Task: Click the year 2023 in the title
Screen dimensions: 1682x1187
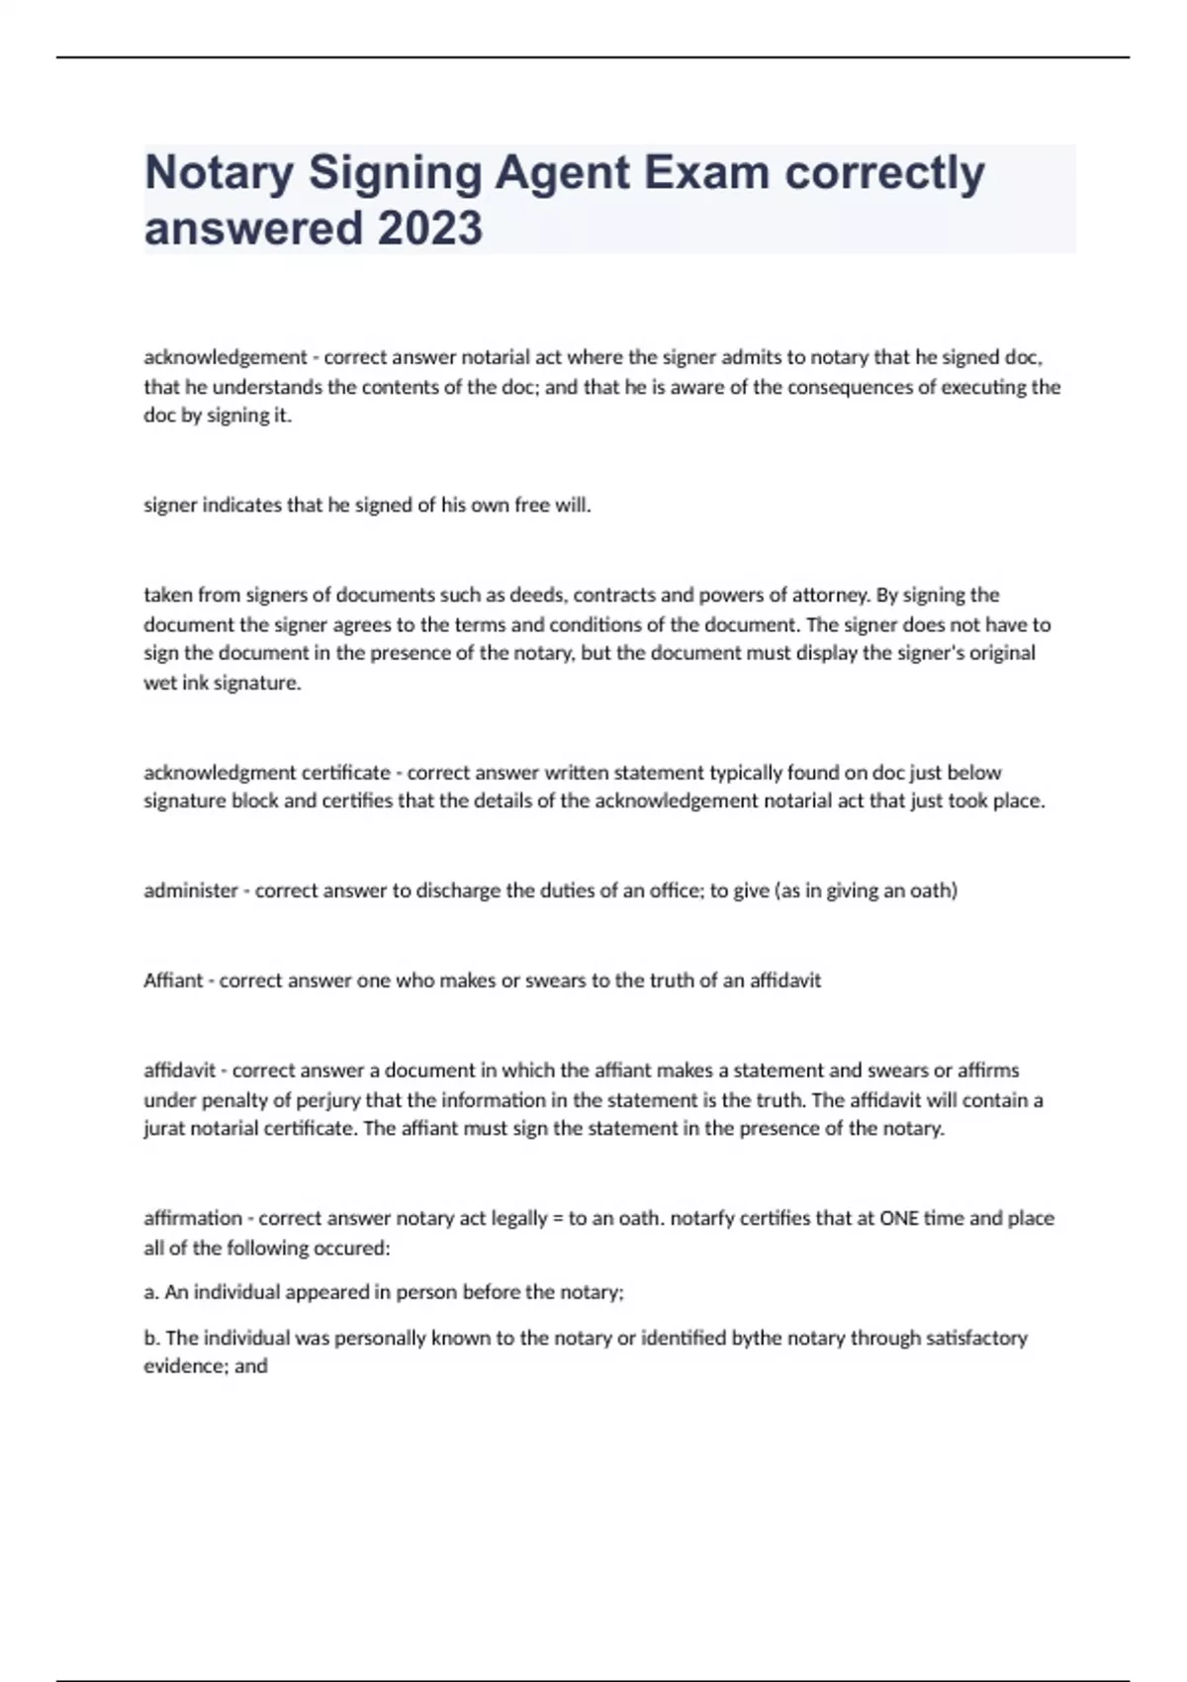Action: pos(430,229)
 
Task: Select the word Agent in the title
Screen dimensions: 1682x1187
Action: pos(562,173)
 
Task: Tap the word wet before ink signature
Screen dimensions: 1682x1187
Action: pos(160,683)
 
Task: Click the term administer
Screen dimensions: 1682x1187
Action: pos(191,890)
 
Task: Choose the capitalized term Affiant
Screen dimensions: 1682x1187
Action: pos(173,981)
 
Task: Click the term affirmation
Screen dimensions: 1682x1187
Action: pos(193,1218)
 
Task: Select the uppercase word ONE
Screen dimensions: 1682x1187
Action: pos(899,1218)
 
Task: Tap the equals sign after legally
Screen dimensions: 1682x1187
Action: pos(558,1219)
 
